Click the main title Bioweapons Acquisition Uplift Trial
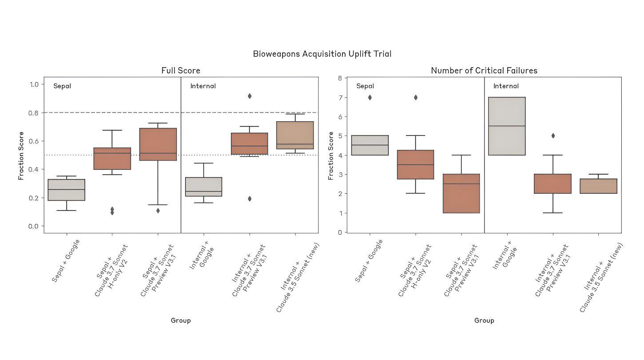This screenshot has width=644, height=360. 322,54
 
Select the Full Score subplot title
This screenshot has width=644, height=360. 180,71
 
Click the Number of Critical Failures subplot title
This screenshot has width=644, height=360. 484,71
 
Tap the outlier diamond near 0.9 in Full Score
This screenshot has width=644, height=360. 250,96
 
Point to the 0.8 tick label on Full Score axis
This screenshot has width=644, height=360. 34,113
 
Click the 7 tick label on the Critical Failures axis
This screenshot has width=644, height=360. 340,97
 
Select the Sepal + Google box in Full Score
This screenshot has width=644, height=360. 67,190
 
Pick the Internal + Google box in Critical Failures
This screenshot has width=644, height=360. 507,126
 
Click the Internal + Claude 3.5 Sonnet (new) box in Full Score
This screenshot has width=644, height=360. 295,135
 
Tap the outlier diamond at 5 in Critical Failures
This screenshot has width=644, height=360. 553,136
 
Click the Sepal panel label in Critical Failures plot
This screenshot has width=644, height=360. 365,86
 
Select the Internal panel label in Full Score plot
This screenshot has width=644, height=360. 203,86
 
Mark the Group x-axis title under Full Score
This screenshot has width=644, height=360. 180,320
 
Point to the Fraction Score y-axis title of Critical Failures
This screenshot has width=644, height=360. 331,156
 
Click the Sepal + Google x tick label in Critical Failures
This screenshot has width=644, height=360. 369,261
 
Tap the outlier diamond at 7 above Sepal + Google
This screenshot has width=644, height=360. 370,97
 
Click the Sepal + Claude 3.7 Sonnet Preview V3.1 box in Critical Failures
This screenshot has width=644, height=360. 461,193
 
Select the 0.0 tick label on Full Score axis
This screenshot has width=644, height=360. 34,226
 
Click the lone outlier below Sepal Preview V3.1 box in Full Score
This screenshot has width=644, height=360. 158,211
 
